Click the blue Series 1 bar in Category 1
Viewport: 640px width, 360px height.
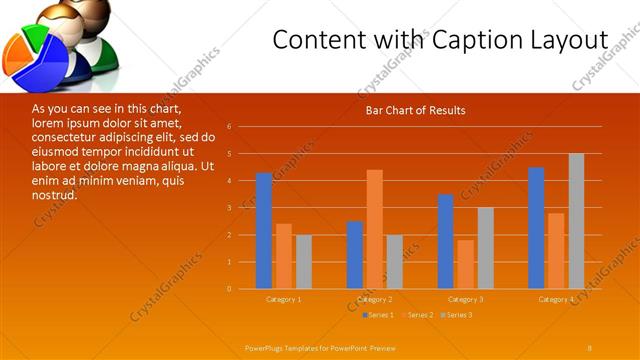tap(264, 231)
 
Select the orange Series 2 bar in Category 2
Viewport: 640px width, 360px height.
tap(374, 229)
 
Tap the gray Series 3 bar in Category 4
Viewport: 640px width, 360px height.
tap(576, 221)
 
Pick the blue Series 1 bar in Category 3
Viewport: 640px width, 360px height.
tap(446, 241)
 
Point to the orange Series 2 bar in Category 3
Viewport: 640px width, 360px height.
tap(465, 264)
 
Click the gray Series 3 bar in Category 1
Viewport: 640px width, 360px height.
tap(303, 262)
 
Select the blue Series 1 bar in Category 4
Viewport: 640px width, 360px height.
tap(536, 228)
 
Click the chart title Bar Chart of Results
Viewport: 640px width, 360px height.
tap(415, 110)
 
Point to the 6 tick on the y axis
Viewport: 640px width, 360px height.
tap(229, 127)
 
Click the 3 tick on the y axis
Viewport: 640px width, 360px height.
tap(229, 208)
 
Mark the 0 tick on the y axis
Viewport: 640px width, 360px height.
tap(229, 289)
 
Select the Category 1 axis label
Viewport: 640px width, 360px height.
tap(283, 299)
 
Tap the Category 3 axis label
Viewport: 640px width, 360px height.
tap(465, 299)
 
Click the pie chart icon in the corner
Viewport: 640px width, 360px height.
tap(36, 56)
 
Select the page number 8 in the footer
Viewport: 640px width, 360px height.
tap(590, 346)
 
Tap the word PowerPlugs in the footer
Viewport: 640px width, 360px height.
tap(267, 346)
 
